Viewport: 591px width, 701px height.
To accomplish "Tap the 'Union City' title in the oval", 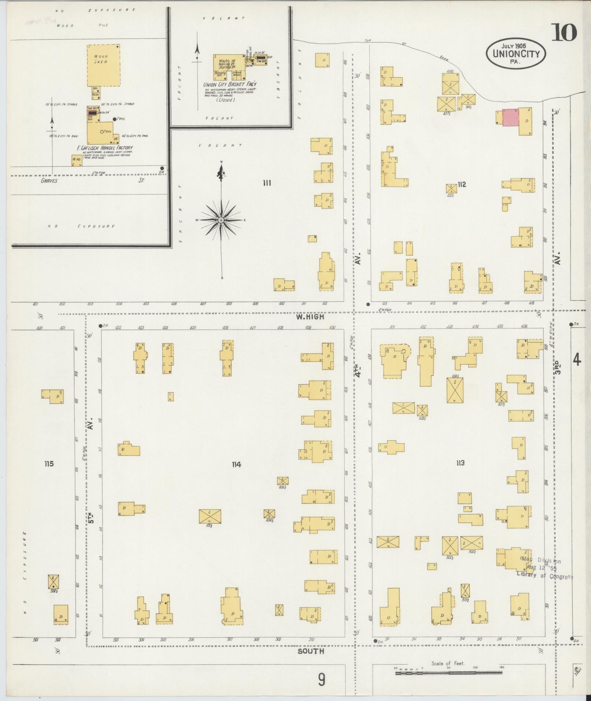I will click(x=516, y=54).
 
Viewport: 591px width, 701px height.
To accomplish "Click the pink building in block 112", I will click(x=510, y=117).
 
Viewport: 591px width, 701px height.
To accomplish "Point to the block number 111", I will click(x=267, y=183).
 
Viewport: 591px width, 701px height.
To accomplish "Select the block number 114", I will click(x=236, y=465).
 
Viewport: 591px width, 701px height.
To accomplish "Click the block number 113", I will click(x=460, y=463).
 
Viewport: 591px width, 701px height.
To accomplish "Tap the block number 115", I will click(x=49, y=464).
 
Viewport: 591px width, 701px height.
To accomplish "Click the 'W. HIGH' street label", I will click(x=310, y=317).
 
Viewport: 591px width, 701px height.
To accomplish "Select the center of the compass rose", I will click(x=221, y=220).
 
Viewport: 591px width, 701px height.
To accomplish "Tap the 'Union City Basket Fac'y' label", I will click(x=230, y=84).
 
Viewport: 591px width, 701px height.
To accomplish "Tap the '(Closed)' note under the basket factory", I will click(x=225, y=100).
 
